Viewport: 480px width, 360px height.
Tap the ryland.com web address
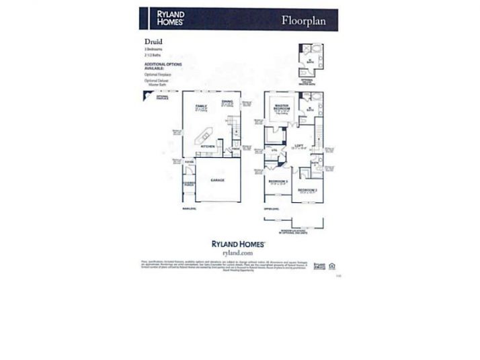pyautogui.click(x=240, y=253)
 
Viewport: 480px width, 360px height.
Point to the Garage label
pyautogui.click(x=216, y=180)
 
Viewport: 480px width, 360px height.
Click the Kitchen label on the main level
pyautogui.click(x=208, y=146)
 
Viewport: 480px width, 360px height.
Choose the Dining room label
pyautogui.click(x=227, y=102)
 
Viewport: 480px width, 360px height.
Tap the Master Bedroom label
pyautogui.click(x=281, y=107)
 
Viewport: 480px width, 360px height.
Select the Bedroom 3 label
pyautogui.click(x=277, y=181)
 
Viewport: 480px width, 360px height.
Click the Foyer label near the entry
pyautogui.click(x=188, y=161)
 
